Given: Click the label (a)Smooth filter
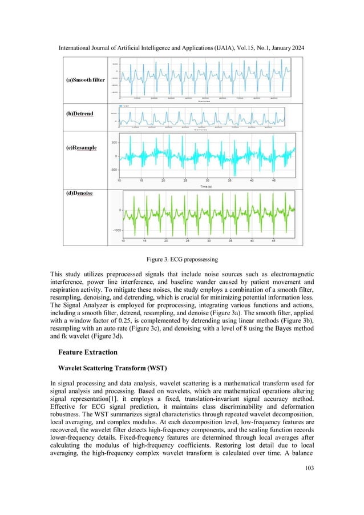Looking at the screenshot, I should (x=84, y=80).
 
